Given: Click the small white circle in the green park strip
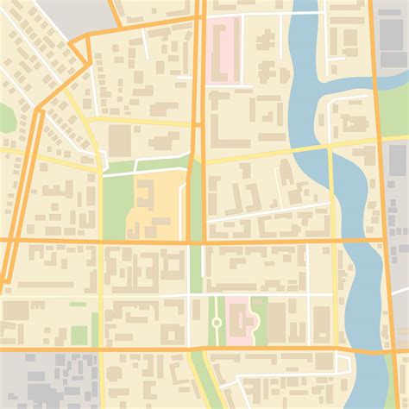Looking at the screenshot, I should coord(217,322).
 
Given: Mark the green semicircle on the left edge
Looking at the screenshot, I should coord(6,117).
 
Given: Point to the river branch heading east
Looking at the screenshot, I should coord(362,85).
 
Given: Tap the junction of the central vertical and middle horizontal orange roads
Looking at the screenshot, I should coord(196,241).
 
